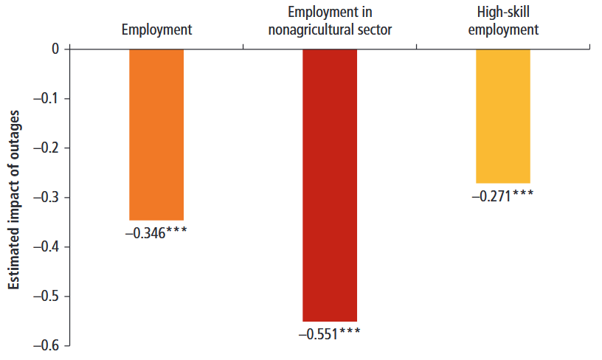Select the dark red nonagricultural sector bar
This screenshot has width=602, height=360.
[330, 184]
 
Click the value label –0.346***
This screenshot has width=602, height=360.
[155, 232]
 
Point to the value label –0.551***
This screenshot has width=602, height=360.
[329, 333]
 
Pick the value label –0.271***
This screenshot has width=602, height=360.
[502, 195]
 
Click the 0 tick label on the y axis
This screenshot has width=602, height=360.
[54, 49]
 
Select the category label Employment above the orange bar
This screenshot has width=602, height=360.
[156, 30]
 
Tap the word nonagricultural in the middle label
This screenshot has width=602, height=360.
[311, 30]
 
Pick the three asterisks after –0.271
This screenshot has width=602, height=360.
[522, 195]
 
